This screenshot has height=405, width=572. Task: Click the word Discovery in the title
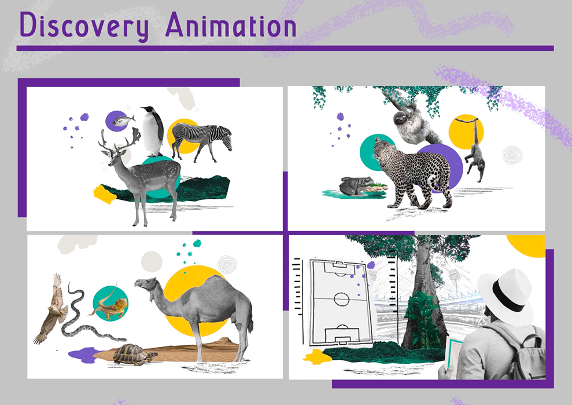[84, 25]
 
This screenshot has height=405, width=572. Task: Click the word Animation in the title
[231, 25]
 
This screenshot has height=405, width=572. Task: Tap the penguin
[153, 131]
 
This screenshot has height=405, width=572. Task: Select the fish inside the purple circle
[123, 121]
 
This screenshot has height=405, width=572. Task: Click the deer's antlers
[120, 141]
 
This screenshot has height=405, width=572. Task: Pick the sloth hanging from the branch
[413, 124]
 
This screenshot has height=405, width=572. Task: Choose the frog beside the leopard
[356, 185]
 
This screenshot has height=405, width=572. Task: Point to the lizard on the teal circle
[109, 304]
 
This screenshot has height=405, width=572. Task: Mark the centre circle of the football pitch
[341, 300]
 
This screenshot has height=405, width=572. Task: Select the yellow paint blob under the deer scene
[105, 194]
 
